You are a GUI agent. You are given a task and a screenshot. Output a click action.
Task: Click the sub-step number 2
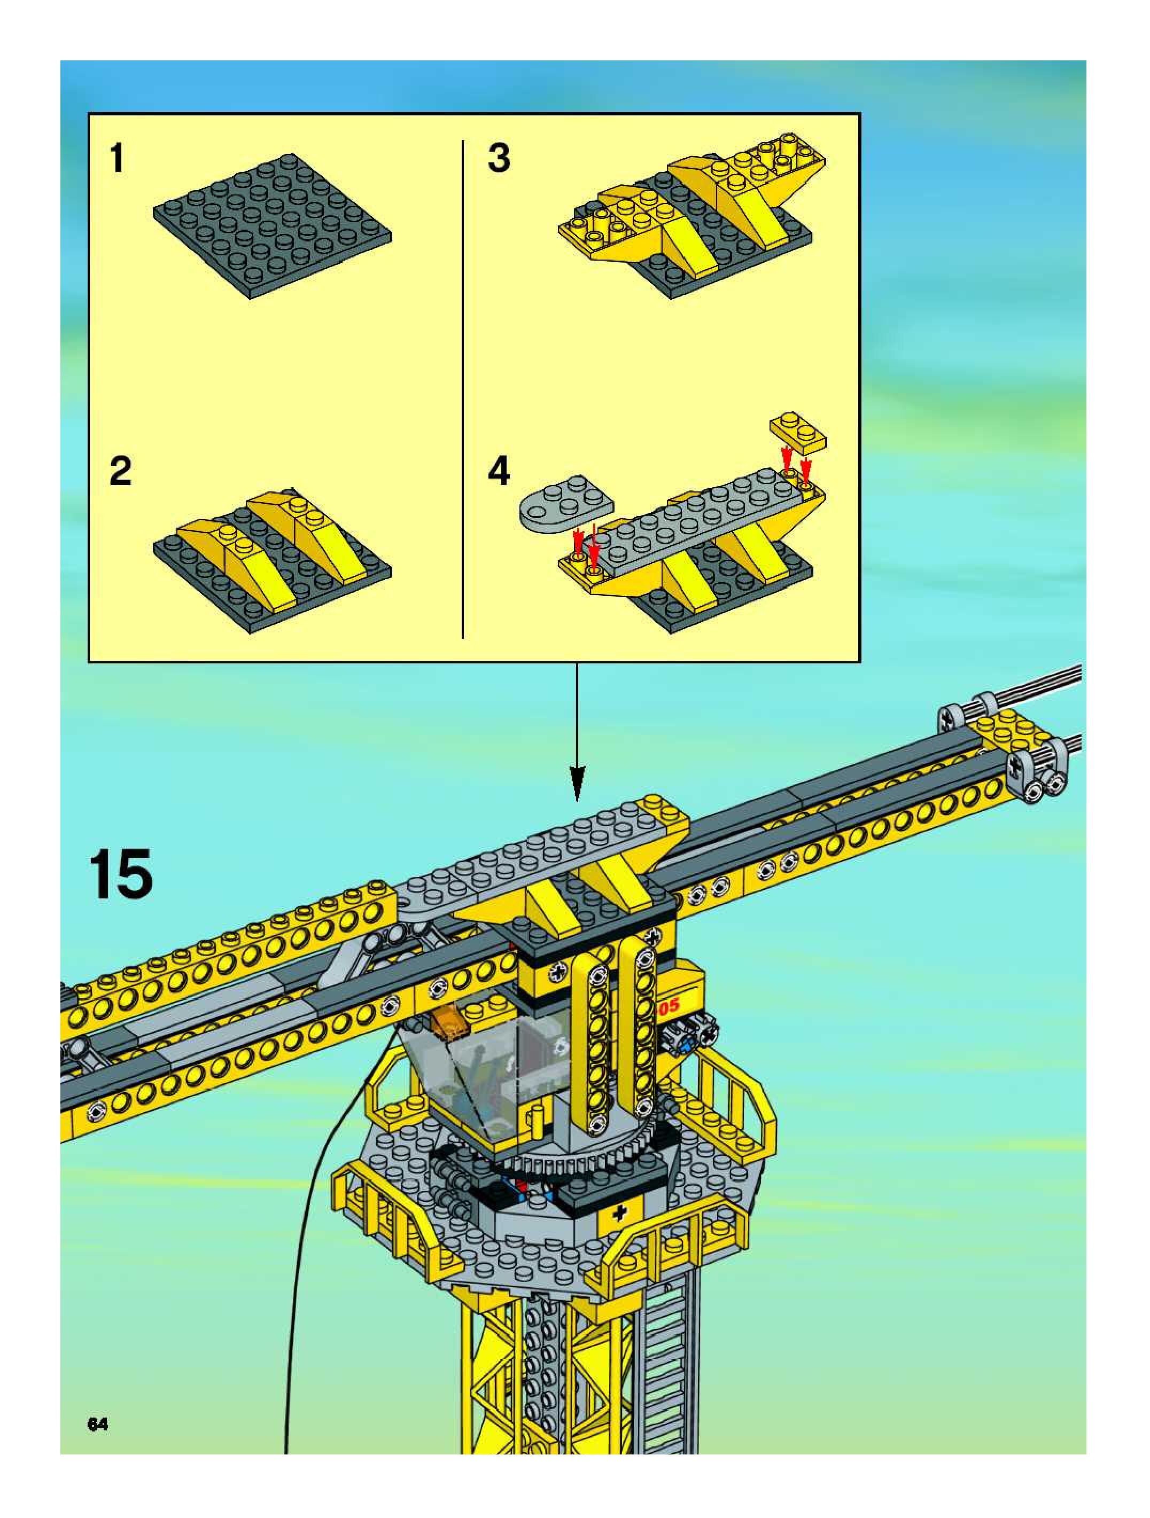(x=120, y=472)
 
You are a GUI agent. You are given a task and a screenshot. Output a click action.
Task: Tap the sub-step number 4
(x=499, y=472)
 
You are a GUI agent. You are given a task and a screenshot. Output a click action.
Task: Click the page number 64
(x=97, y=1424)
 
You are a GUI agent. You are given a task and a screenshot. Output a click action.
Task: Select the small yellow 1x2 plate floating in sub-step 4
(x=798, y=432)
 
